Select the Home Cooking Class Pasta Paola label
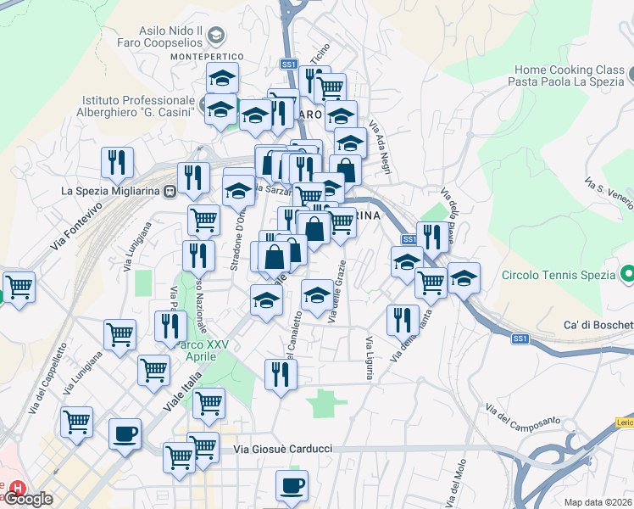[x=565, y=76]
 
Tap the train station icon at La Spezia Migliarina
[x=170, y=191]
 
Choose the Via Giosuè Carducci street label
[x=281, y=449]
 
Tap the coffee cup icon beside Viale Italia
[x=125, y=435]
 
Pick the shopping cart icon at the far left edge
[x=18, y=286]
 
